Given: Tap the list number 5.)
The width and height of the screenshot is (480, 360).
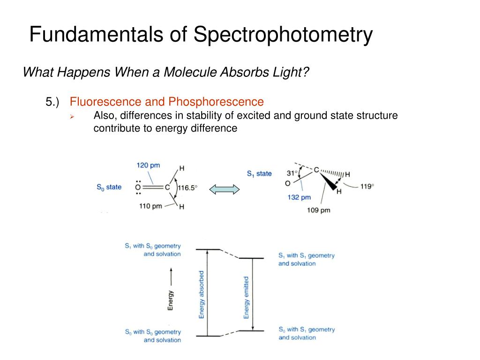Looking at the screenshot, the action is coord(53,102).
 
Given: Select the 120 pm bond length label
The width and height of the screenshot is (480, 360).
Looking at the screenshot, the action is coord(148,165).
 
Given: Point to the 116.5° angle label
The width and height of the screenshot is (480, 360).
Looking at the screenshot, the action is coord(187,187).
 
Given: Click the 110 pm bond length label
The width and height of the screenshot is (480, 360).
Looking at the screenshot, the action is coord(150,206).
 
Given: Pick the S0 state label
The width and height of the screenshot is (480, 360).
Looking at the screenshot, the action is coord(109,187).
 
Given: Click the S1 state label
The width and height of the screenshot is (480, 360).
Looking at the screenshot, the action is coord(259,173).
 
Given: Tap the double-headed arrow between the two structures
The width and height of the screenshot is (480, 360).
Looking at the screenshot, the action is coord(224,189).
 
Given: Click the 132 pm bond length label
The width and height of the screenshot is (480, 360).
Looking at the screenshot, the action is coord(299,197).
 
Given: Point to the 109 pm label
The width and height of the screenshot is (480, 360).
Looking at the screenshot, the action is coord(319,210).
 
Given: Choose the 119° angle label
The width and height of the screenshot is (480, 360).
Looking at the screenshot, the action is coord(367,186).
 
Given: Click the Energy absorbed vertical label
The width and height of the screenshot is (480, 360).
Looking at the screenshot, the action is coord(202,295).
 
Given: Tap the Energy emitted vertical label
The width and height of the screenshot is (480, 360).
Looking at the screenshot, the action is coord(247,298).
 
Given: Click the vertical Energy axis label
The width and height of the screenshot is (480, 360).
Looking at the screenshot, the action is coord(171,300).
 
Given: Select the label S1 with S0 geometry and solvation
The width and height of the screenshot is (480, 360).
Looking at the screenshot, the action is coord(153,250).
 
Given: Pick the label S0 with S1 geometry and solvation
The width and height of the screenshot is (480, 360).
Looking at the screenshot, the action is coord(307,333).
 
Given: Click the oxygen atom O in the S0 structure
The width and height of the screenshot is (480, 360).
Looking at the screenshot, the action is coord(138,187).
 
